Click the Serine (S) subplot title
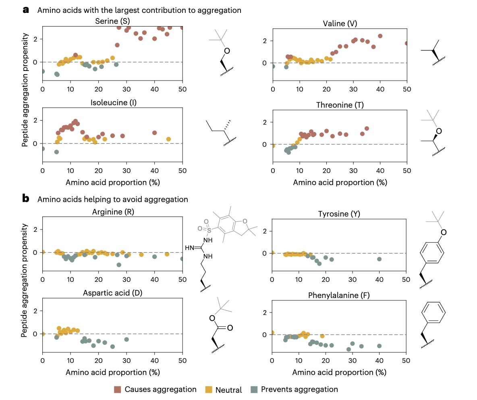tap(112, 21)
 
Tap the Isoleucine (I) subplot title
tap(112, 102)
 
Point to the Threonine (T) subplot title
tap(340, 105)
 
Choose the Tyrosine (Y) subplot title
tap(340, 213)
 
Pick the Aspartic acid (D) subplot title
tap(112, 292)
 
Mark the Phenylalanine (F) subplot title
tap(340, 295)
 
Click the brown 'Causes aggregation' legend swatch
tap(118, 389)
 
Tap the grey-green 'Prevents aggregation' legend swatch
tap(254, 389)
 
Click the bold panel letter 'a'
tap(26, 10)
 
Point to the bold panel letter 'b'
tap(26, 199)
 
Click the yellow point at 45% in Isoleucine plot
tap(168, 139)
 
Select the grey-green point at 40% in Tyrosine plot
tap(379, 259)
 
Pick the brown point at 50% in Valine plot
tap(406, 43)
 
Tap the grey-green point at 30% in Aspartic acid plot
tap(127, 340)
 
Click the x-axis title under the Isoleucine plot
tap(112, 182)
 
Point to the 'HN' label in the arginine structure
tap(189, 247)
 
